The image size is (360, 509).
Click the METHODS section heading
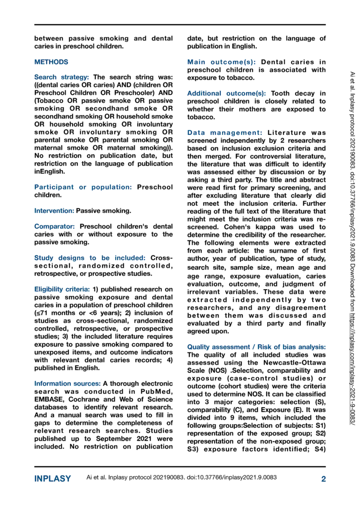click(51, 62)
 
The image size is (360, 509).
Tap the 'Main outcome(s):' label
click(221, 62)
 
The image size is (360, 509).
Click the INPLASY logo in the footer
click(53, 479)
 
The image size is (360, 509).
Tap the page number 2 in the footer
click(323, 479)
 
